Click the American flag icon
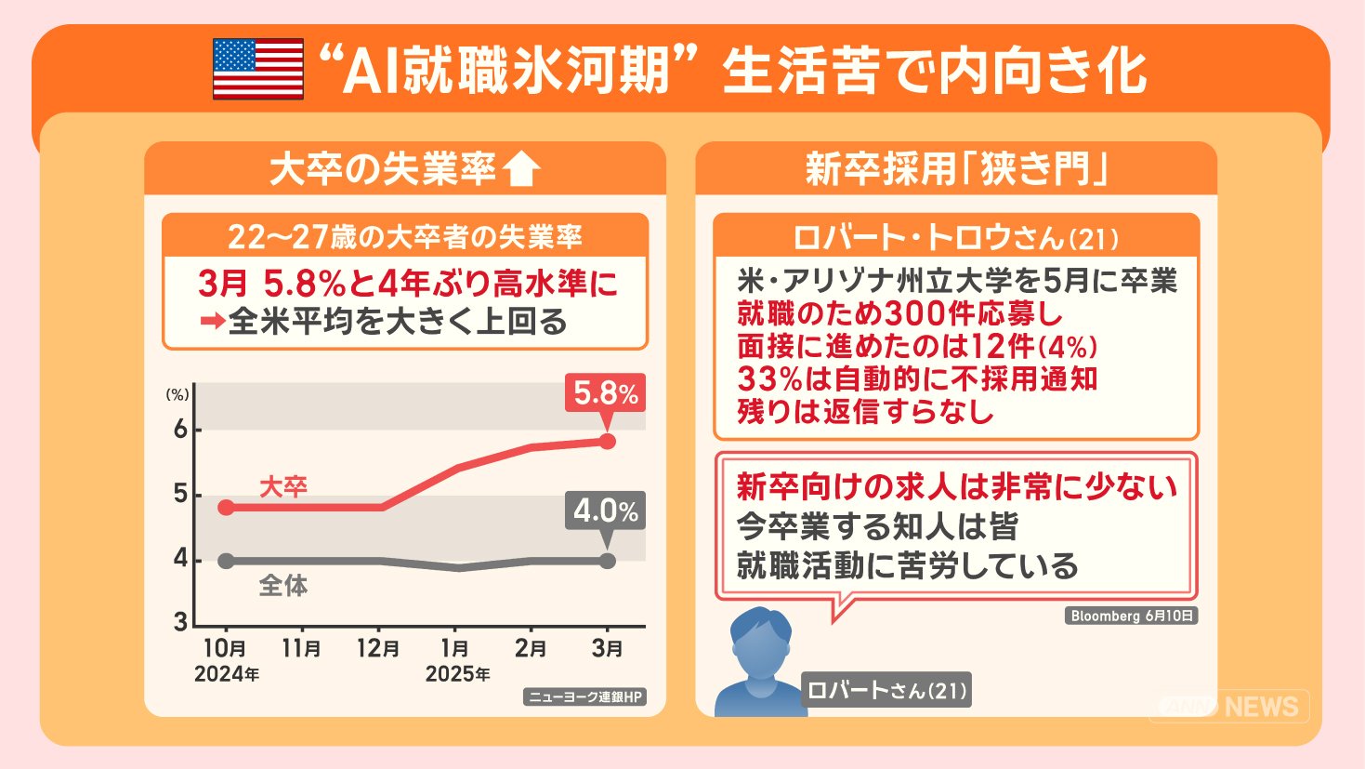[x=257, y=69]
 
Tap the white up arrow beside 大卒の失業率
[x=520, y=169]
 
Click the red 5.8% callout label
[x=605, y=393]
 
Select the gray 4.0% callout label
[x=605, y=510]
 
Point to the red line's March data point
[x=607, y=441]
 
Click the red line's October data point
[x=226, y=508]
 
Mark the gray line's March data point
[x=607, y=561]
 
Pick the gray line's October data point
[x=226, y=561]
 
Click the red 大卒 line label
[x=282, y=486]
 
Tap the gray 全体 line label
[x=282, y=586]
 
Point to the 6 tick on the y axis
[x=180, y=430]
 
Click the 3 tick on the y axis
[x=180, y=622]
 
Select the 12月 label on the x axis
[x=378, y=648]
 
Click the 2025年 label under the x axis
[x=457, y=674]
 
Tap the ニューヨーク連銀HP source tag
[x=584, y=696]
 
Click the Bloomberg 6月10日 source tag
[x=1131, y=616]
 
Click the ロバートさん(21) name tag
[x=886, y=690]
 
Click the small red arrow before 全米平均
[x=213, y=322]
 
